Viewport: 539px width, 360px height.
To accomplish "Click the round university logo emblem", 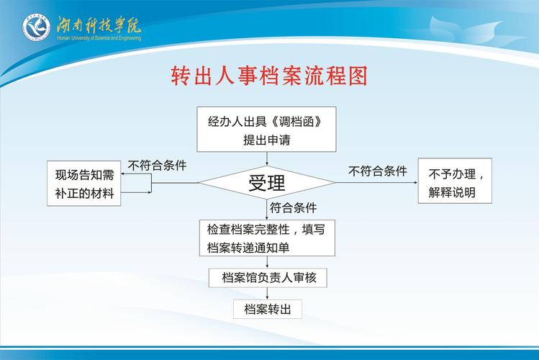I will (36, 27).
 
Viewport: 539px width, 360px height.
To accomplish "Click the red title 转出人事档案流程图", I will (269, 76).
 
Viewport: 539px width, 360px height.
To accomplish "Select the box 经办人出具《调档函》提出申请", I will (267, 130).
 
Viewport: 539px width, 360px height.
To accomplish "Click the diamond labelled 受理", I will (267, 182).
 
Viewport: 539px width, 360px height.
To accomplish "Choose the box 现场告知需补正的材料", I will (85, 183).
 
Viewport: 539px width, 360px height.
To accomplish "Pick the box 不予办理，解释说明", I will (455, 182).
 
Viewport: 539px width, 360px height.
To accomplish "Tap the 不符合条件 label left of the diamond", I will (157, 166).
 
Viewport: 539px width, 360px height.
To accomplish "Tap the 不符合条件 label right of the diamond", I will (377, 171).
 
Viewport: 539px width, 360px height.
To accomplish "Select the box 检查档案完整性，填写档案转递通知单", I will (267, 238).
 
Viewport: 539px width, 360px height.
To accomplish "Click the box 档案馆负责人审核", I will (267, 277).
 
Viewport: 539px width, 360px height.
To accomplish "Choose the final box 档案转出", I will (267, 309).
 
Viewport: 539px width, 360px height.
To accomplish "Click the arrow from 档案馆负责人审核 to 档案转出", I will (267, 294).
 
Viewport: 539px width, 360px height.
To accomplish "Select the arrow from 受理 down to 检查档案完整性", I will (267, 210).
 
